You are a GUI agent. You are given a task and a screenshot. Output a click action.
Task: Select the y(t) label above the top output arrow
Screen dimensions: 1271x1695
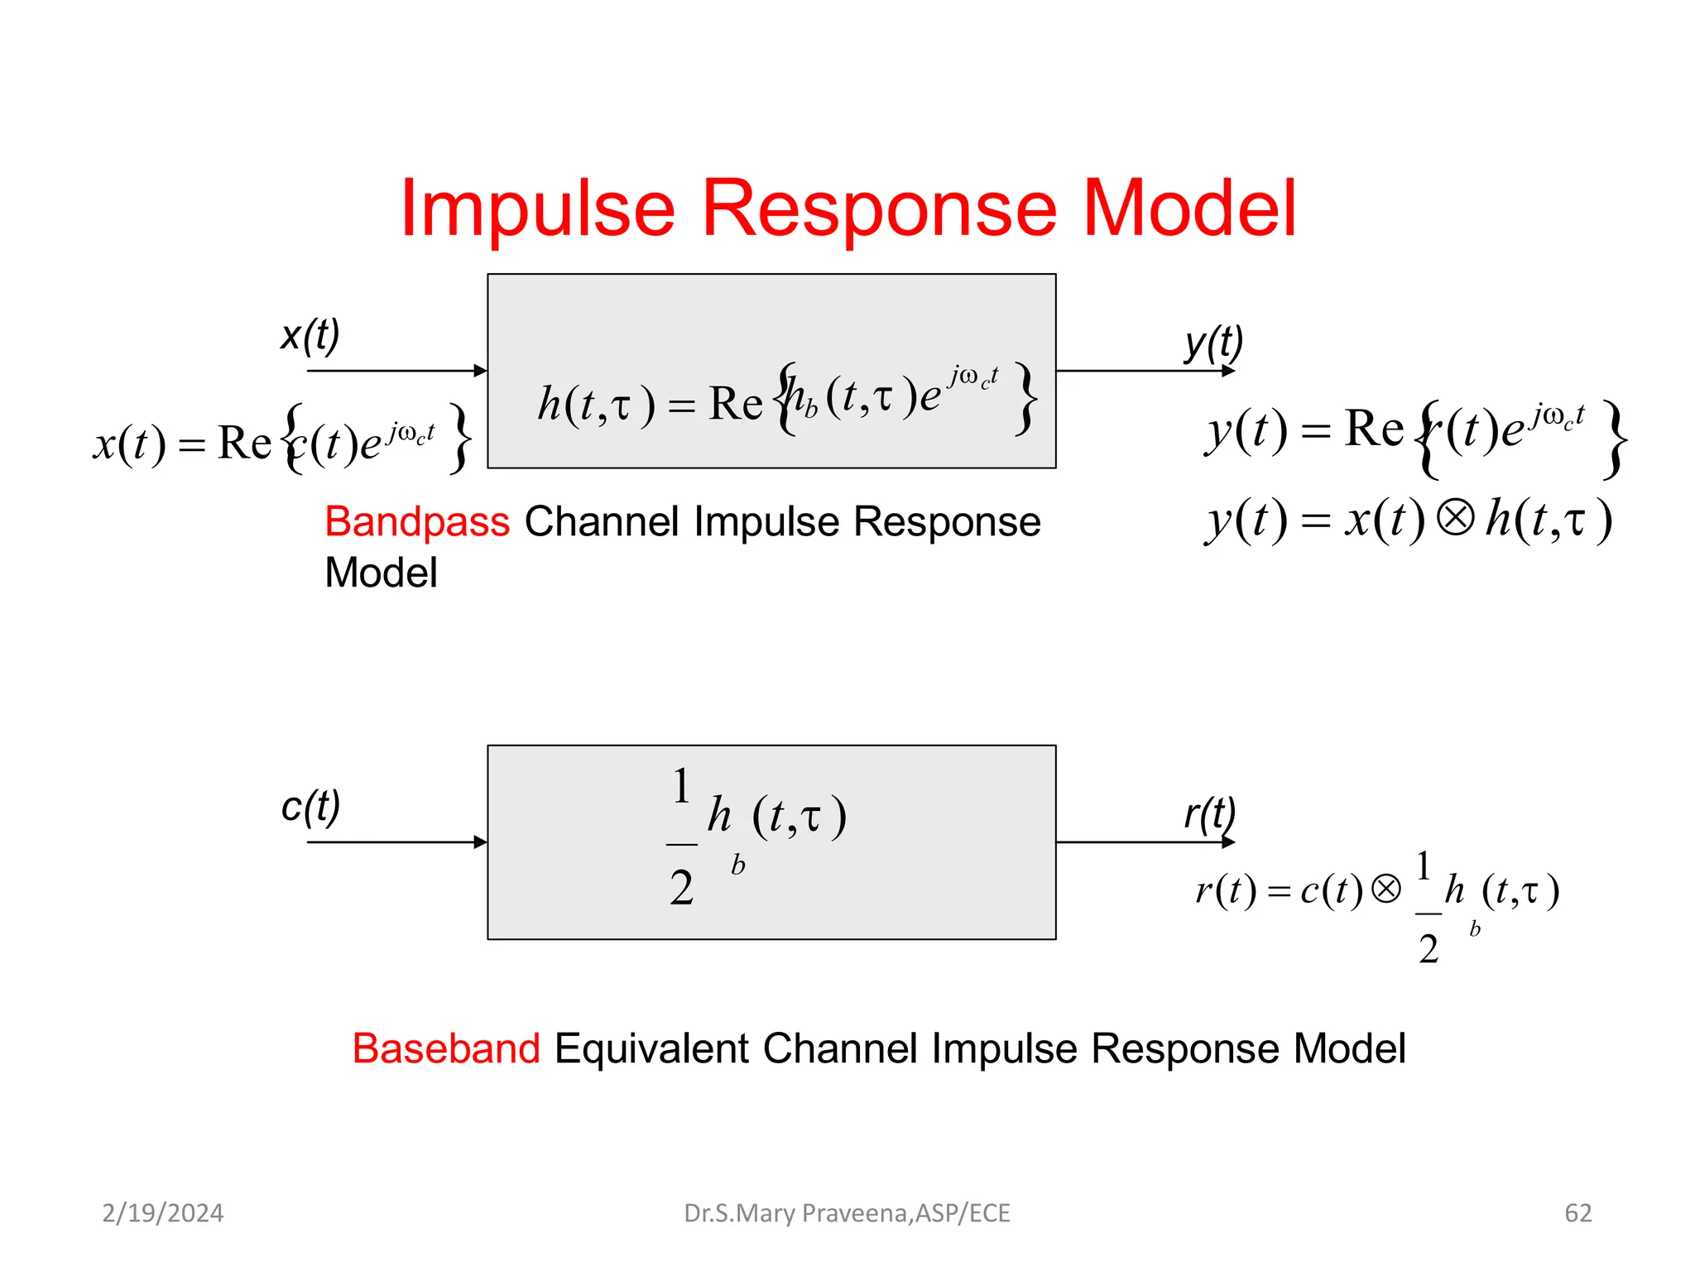click(1213, 343)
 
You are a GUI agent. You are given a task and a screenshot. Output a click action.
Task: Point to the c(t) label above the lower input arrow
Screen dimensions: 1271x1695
click(310, 806)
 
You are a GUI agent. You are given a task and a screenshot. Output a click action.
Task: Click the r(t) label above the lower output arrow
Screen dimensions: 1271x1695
click(1209, 814)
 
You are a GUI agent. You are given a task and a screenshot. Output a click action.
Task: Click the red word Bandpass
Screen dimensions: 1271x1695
click(417, 522)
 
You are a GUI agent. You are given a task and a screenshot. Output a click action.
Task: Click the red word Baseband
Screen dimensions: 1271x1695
click(446, 1048)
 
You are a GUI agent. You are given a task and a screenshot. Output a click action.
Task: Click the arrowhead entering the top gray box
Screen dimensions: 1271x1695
click(480, 371)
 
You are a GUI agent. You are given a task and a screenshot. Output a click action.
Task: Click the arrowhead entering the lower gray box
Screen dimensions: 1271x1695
click(480, 842)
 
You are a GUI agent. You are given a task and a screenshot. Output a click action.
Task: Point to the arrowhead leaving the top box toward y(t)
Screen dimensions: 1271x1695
click(1228, 371)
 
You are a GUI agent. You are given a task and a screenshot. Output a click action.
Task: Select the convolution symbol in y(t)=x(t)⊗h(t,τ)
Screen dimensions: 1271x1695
click(1455, 518)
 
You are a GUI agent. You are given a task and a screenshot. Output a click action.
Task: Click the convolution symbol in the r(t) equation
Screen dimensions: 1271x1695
click(1385, 889)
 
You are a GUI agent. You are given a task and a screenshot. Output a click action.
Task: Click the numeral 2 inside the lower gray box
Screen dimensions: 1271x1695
click(681, 889)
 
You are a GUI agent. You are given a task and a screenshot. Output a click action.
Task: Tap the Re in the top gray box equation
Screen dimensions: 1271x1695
click(735, 405)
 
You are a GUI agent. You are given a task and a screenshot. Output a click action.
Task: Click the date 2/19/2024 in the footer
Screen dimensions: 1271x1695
click(162, 1213)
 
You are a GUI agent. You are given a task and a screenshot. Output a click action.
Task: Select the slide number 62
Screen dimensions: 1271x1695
click(1577, 1213)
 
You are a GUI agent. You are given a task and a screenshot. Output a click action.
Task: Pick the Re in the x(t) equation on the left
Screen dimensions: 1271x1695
click(244, 443)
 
